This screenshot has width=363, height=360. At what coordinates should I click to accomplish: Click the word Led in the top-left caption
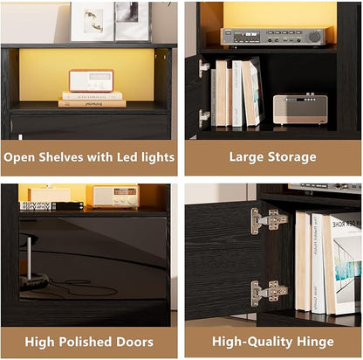[127, 157]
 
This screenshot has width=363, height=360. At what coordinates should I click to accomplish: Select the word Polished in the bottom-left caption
[86, 342]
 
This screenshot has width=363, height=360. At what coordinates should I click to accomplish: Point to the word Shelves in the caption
[61, 157]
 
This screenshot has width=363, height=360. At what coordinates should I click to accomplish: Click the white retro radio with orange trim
[91, 80]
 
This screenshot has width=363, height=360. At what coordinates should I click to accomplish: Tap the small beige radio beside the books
[300, 109]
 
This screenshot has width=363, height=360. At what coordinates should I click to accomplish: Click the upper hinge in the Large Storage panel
[203, 67]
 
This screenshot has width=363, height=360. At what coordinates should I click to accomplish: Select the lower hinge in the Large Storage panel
[203, 118]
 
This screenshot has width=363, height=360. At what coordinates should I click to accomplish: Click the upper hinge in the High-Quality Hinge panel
[269, 221]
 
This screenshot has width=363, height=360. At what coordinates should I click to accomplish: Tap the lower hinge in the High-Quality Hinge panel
[269, 293]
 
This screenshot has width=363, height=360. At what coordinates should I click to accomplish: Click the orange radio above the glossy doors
[116, 197]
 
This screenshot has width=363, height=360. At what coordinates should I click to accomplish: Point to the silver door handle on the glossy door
[29, 259]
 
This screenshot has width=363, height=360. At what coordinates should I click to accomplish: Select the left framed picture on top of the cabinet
[92, 22]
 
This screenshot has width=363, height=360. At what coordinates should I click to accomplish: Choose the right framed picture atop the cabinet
[133, 21]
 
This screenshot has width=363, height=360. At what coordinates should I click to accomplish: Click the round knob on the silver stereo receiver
[314, 37]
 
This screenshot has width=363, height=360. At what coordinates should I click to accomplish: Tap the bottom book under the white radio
[92, 103]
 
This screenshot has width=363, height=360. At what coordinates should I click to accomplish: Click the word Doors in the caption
[134, 342]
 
